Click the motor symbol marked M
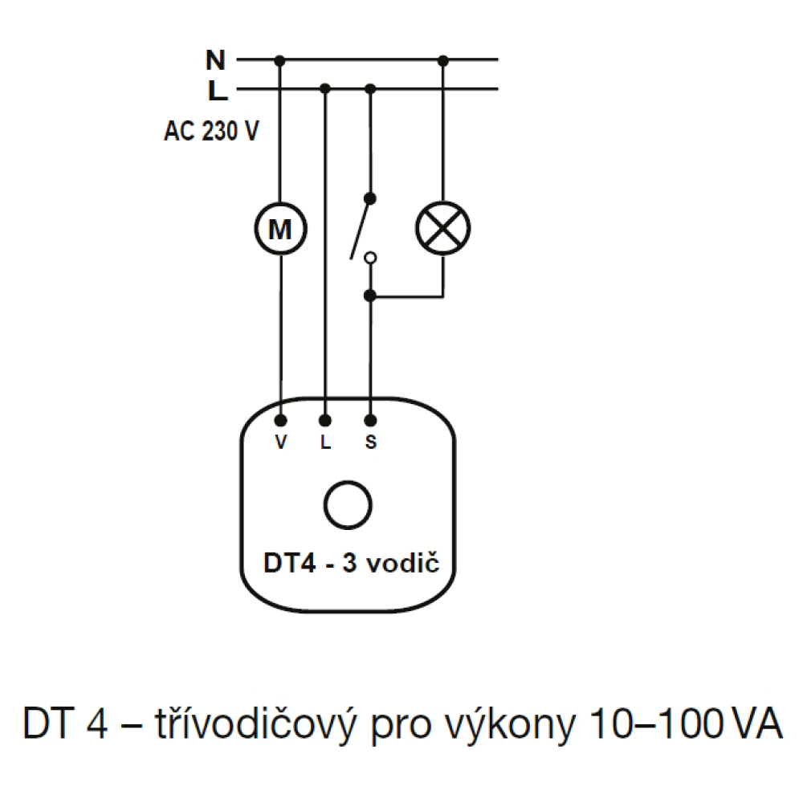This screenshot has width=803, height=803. pos(280,230)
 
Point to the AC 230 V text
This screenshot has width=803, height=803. pos(211,131)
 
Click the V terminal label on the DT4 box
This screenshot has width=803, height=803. pos(280,442)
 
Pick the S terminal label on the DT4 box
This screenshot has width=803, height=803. pos(370,442)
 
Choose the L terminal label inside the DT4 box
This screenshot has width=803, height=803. pos(325,442)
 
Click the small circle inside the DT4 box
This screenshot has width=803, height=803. pos(347,504)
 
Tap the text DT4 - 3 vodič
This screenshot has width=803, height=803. pos(352,564)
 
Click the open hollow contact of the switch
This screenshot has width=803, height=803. pos(370,258)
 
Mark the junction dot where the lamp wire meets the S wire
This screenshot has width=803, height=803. pos(370,296)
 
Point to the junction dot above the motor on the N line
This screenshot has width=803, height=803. pos(280,59)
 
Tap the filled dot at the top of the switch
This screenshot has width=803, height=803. pos(370,197)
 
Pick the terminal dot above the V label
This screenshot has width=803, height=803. pos(280,420)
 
